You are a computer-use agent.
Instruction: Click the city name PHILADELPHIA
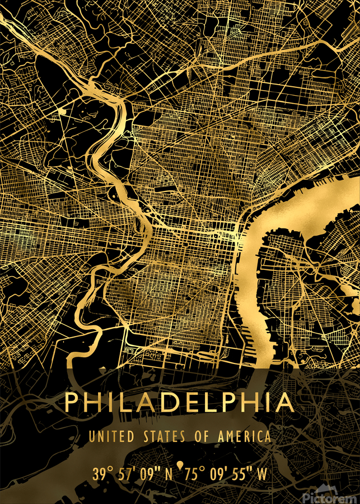click(179, 402)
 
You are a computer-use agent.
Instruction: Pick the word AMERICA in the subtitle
click(244, 436)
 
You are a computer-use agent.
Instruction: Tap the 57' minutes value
click(128, 474)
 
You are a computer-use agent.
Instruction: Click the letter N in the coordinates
click(170, 474)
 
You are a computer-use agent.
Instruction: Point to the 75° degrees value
click(194, 474)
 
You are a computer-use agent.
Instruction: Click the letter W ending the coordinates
click(261, 474)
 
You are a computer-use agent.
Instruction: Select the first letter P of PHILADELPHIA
click(72, 402)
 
